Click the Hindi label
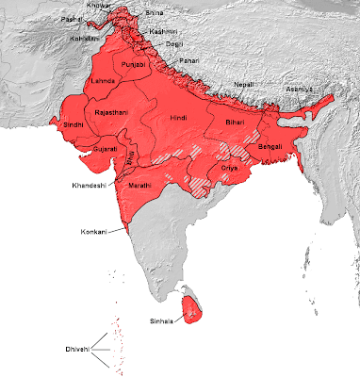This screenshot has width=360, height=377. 179,119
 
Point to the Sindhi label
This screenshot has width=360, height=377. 72,123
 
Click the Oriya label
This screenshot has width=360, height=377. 230,167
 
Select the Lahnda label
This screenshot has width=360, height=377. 101,81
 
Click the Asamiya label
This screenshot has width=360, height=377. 299,90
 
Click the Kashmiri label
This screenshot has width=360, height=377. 165,31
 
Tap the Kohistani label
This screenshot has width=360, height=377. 81,39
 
